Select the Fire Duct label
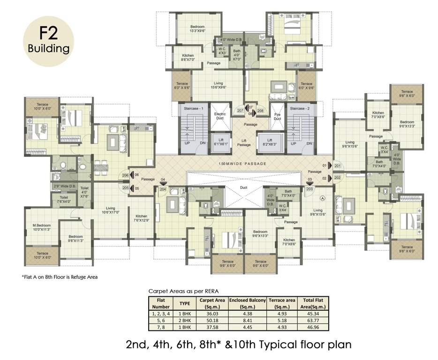click(x=277, y=116)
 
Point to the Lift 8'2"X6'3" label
click(x=269, y=142)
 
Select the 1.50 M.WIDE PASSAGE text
click(x=242, y=163)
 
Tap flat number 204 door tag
click(x=163, y=189)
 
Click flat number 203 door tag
click(x=310, y=189)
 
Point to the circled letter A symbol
click(x=322, y=198)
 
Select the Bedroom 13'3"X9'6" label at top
click(x=197, y=29)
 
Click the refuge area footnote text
click(x=60, y=277)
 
